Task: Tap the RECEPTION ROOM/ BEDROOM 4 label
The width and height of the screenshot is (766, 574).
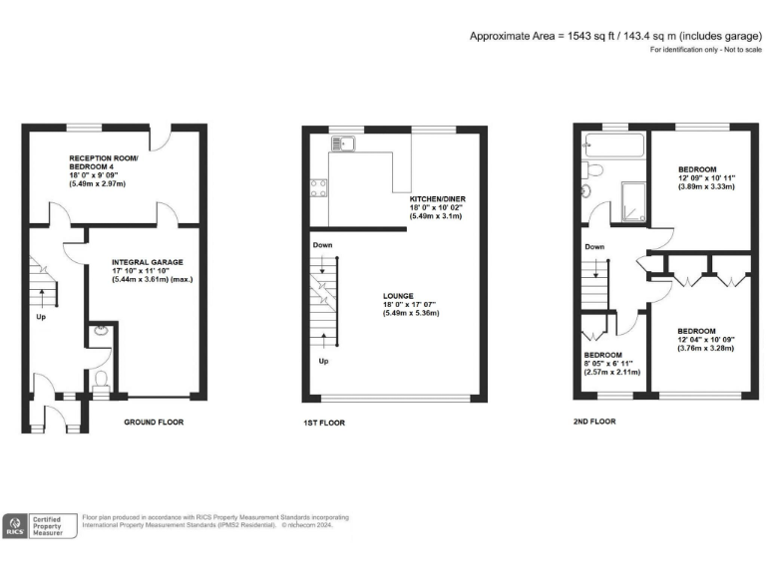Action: point(104,162)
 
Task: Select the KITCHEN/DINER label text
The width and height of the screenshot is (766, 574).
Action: point(437,198)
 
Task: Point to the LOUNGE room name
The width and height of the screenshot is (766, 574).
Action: point(399,295)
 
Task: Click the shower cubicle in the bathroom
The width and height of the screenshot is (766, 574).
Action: point(631,195)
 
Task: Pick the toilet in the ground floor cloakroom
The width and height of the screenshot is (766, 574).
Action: point(99,379)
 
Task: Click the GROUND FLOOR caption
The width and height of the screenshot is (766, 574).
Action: point(153,422)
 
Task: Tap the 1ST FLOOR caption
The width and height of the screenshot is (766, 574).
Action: point(324,423)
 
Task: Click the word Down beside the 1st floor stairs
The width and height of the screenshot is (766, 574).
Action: point(322,245)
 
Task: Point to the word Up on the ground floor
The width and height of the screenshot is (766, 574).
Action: point(43,319)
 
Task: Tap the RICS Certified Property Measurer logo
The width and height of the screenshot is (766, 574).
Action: point(41,526)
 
